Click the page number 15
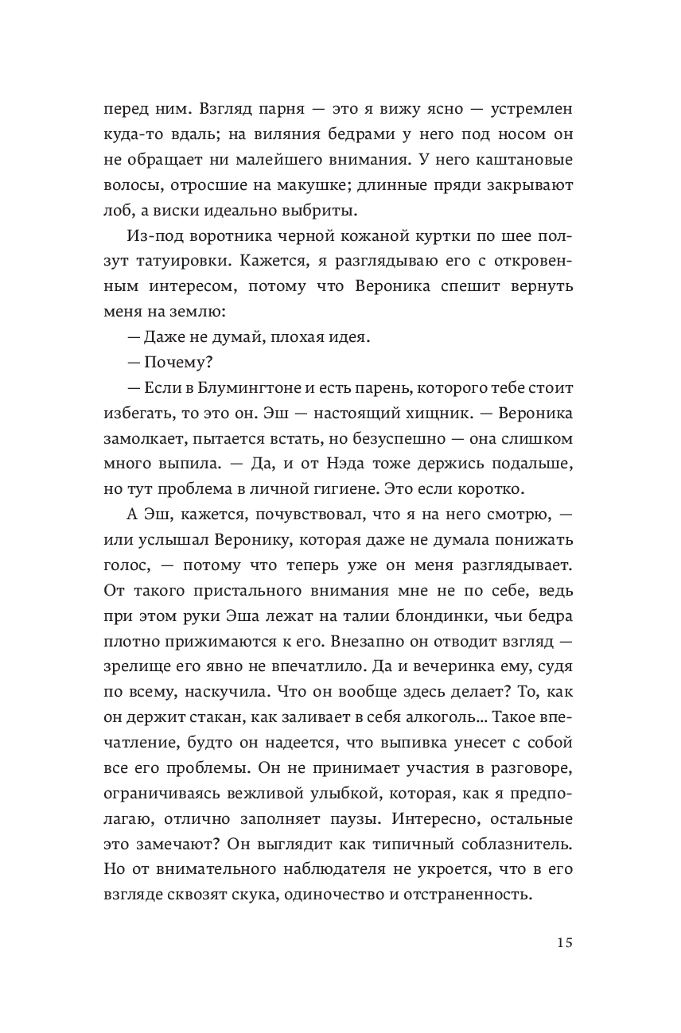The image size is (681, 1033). pos(563,943)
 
